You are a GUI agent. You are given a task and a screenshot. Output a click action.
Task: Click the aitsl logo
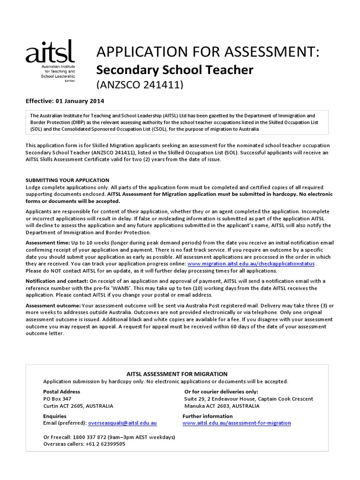[x=50, y=61]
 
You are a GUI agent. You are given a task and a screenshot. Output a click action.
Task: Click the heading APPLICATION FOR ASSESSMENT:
[x=207, y=52]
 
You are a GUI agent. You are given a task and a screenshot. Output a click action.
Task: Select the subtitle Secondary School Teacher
[x=174, y=70]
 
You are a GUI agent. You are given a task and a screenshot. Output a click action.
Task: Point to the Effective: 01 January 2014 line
[x=65, y=101]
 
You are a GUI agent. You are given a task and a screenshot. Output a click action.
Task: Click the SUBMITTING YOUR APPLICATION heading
[x=67, y=180]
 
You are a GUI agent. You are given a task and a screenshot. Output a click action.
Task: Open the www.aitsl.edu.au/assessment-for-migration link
[x=237, y=423]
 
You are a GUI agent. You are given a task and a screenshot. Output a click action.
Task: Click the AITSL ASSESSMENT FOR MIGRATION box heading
[x=177, y=374]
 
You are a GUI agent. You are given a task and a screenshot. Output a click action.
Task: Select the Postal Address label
[x=61, y=391]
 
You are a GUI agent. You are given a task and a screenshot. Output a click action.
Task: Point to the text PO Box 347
[x=57, y=399]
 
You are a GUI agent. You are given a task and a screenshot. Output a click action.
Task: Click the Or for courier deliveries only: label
[x=221, y=391]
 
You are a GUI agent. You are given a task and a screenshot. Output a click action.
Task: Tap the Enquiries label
[x=55, y=416]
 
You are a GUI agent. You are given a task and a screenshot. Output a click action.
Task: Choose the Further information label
[x=207, y=416]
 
